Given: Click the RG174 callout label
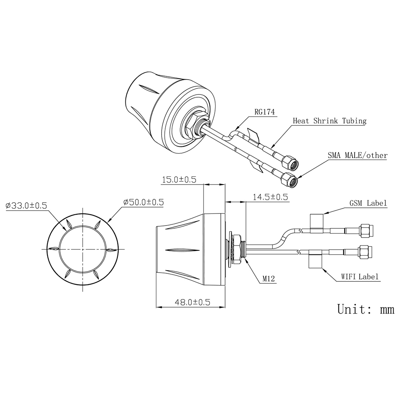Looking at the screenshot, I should click(x=264, y=112).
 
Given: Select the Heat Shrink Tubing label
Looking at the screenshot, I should click(x=329, y=120).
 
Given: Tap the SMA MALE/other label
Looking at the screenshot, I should click(x=357, y=155).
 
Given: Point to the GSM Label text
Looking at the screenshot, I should click(x=368, y=203).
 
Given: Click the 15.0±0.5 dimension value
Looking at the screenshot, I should click(x=178, y=180).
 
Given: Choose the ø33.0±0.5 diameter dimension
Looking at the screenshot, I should click(x=26, y=205).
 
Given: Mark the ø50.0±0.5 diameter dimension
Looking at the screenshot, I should click(x=144, y=202).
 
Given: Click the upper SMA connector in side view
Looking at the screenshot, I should click(x=365, y=230).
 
